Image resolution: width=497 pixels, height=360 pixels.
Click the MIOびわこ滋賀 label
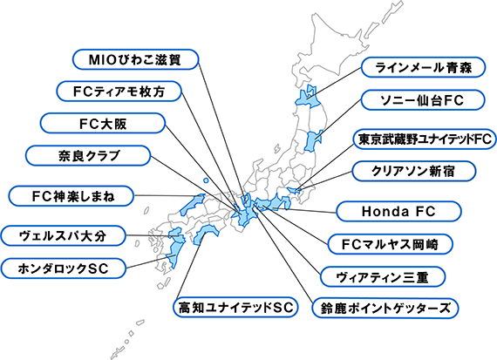tap(136, 59)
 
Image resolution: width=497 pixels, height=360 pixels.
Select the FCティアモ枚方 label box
tap(119, 92)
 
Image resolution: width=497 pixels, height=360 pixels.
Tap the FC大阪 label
tap(103, 123)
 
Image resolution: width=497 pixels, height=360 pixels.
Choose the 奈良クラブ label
tap(88, 156)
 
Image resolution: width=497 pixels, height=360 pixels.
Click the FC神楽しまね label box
tap(71, 196)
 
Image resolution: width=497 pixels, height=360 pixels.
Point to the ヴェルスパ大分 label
tap(63, 235)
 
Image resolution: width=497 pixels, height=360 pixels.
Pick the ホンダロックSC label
tap(63, 268)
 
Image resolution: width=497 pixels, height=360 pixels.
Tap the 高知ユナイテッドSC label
tap(235, 307)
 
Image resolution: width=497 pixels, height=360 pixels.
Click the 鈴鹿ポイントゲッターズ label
tap(385, 308)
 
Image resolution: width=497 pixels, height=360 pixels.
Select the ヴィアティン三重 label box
tap(383, 277)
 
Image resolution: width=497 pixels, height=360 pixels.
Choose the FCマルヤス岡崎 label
tap(390, 244)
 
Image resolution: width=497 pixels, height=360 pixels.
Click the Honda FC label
tap(398, 211)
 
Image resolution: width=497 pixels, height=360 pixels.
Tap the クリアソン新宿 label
tap(414, 171)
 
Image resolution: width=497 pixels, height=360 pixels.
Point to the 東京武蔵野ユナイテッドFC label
tap(425, 139)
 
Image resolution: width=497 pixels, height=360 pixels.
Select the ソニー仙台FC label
tap(423, 100)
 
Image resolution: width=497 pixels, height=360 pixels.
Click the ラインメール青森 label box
tap(423, 67)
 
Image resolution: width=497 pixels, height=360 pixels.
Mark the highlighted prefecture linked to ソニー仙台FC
tap(312, 139)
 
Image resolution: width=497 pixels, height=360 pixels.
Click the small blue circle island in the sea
tap(206, 180)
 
